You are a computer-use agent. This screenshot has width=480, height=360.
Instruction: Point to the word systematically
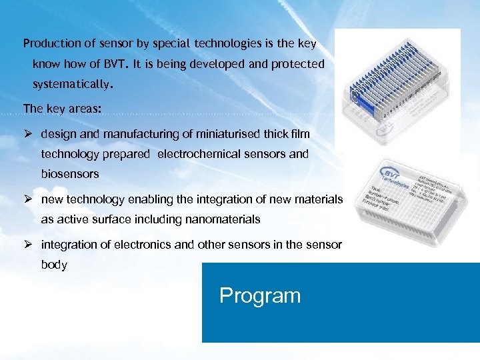(x=73, y=85)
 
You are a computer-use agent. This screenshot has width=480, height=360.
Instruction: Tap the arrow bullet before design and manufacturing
(x=28, y=134)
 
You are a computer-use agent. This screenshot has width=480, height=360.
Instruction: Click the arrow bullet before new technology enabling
(x=28, y=199)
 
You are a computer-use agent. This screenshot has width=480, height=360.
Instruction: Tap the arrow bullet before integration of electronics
(x=28, y=245)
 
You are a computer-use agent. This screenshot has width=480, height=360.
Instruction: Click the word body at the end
(x=54, y=265)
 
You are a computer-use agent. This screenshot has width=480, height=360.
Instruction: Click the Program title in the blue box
(x=260, y=295)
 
